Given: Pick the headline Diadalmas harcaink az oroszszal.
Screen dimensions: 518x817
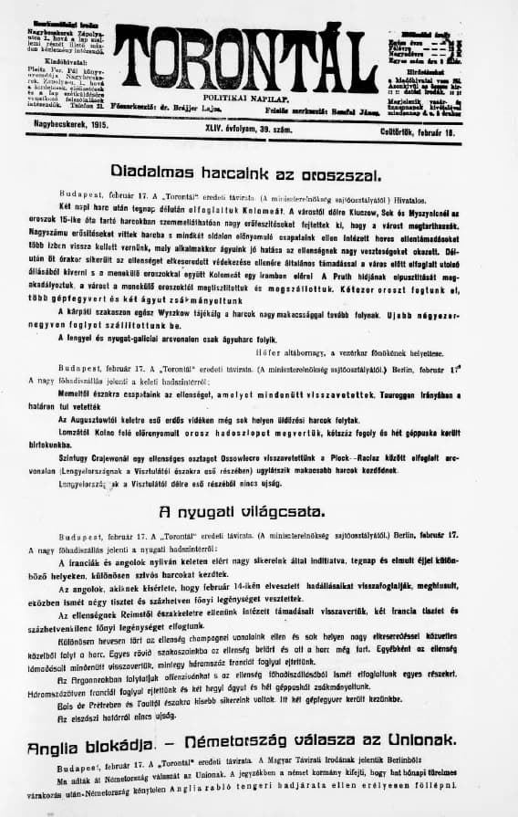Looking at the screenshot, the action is point(259,171).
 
